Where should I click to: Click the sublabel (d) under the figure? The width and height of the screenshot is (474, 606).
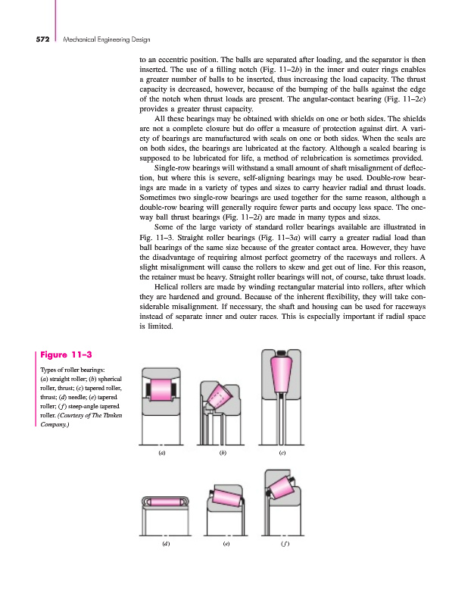click(165, 544)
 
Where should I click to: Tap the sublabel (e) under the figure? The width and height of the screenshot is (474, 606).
click(226, 544)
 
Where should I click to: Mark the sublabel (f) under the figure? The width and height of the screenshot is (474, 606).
click(285, 544)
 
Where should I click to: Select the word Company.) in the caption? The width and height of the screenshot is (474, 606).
click(52, 424)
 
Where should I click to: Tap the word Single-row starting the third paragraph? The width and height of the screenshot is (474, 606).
click(172, 166)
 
